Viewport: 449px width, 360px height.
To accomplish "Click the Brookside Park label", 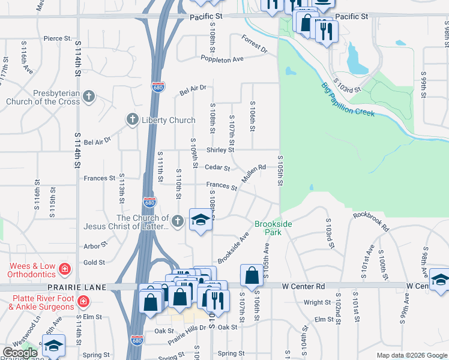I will (x=273, y=228).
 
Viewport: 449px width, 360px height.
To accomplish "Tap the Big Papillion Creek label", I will (x=348, y=100).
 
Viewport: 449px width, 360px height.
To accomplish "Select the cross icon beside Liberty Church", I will (x=133, y=120).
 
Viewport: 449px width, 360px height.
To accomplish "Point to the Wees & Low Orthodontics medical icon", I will (x=65, y=266).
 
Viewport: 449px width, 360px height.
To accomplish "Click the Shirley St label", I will (x=220, y=150).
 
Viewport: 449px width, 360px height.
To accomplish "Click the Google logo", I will (x=20, y=353).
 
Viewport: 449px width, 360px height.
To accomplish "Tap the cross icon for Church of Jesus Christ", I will (x=177, y=222).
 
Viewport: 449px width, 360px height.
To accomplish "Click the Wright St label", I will (x=318, y=302).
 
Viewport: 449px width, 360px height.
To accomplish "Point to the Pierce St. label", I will (x=58, y=38).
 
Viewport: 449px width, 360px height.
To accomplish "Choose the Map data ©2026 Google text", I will (x=411, y=355).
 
